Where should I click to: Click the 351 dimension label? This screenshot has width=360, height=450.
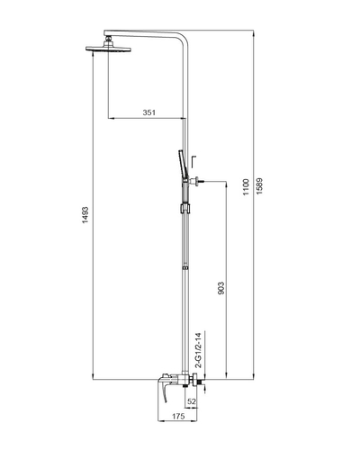[x=149, y=112]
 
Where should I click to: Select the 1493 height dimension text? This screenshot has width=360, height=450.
[x=85, y=215]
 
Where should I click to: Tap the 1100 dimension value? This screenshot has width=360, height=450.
[x=246, y=187]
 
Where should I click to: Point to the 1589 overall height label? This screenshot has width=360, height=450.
[x=260, y=186]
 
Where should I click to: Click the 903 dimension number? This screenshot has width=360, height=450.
[x=220, y=288]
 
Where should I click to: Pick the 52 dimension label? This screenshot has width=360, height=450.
[x=192, y=401]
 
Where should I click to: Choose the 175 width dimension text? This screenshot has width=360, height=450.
[x=178, y=416]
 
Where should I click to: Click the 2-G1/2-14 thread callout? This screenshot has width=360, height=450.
[x=198, y=350]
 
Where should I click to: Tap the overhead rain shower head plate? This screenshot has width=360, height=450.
[x=108, y=49]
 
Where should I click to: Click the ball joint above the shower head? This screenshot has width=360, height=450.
[x=108, y=39]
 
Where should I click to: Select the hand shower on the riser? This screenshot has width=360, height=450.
[x=181, y=166]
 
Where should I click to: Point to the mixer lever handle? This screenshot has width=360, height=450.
[x=165, y=391]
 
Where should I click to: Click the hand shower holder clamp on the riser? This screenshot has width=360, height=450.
[x=184, y=209]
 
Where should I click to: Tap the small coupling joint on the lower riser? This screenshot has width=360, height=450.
[x=185, y=268]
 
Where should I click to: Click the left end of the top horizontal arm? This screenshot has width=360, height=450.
[x=104, y=32]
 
